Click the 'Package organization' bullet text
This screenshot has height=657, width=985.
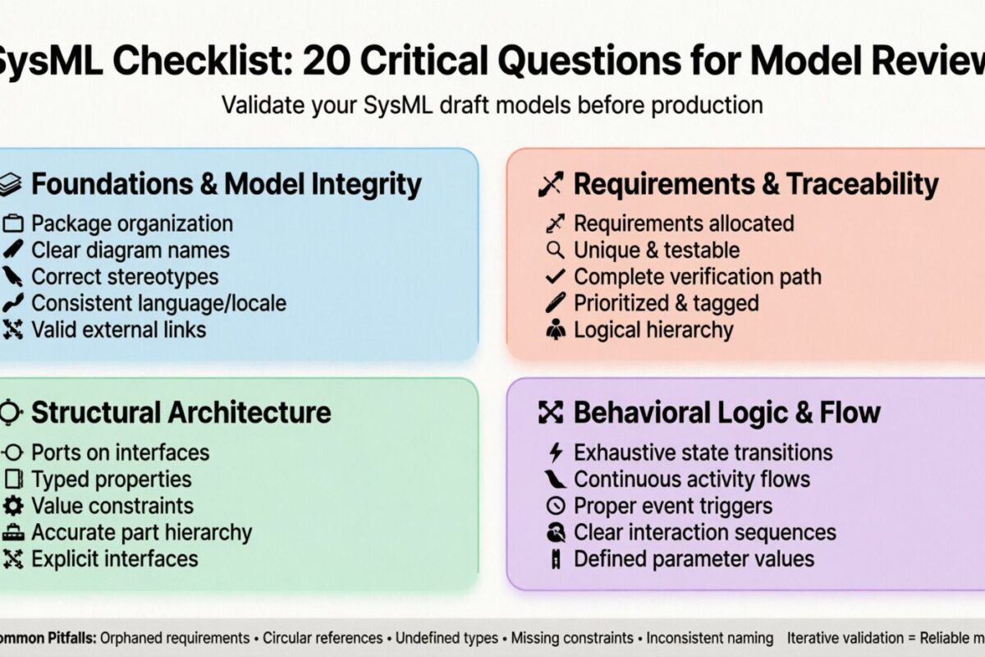point(131,223)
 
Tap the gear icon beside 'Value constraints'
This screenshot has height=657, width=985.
point(13,505)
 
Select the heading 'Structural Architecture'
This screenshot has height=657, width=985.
point(181,412)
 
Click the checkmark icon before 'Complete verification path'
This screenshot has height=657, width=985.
point(556,277)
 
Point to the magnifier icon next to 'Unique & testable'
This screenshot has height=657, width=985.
point(556,250)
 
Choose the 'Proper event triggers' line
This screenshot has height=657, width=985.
point(673,506)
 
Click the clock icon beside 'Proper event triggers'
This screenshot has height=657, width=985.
point(556,506)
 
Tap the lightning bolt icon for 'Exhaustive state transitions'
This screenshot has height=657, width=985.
point(556,453)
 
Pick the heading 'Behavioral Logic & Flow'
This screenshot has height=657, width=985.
point(726,412)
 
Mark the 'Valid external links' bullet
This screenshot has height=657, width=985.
point(118,330)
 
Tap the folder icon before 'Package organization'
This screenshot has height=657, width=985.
point(12,223)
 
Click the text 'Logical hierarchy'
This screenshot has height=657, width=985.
point(653,330)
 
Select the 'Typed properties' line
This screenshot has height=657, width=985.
point(111,479)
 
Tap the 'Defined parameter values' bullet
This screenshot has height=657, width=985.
point(694,559)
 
